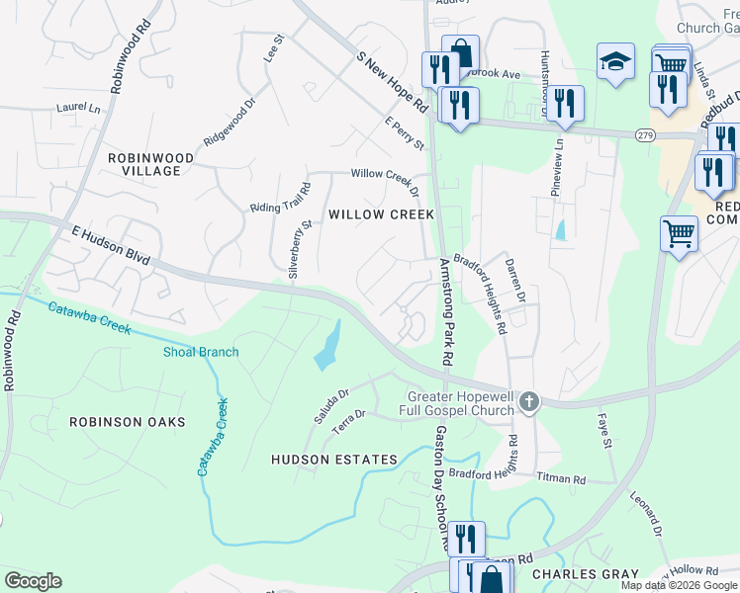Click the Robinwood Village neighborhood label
144,164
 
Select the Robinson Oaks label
127,422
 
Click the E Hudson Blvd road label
110,243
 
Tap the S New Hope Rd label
391,82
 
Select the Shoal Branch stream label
201,352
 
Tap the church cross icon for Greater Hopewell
529,401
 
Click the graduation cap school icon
615,60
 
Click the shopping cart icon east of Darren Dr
679,234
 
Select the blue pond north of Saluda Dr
327,346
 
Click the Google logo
33,581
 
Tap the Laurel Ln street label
78,106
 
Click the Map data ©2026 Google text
678,585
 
